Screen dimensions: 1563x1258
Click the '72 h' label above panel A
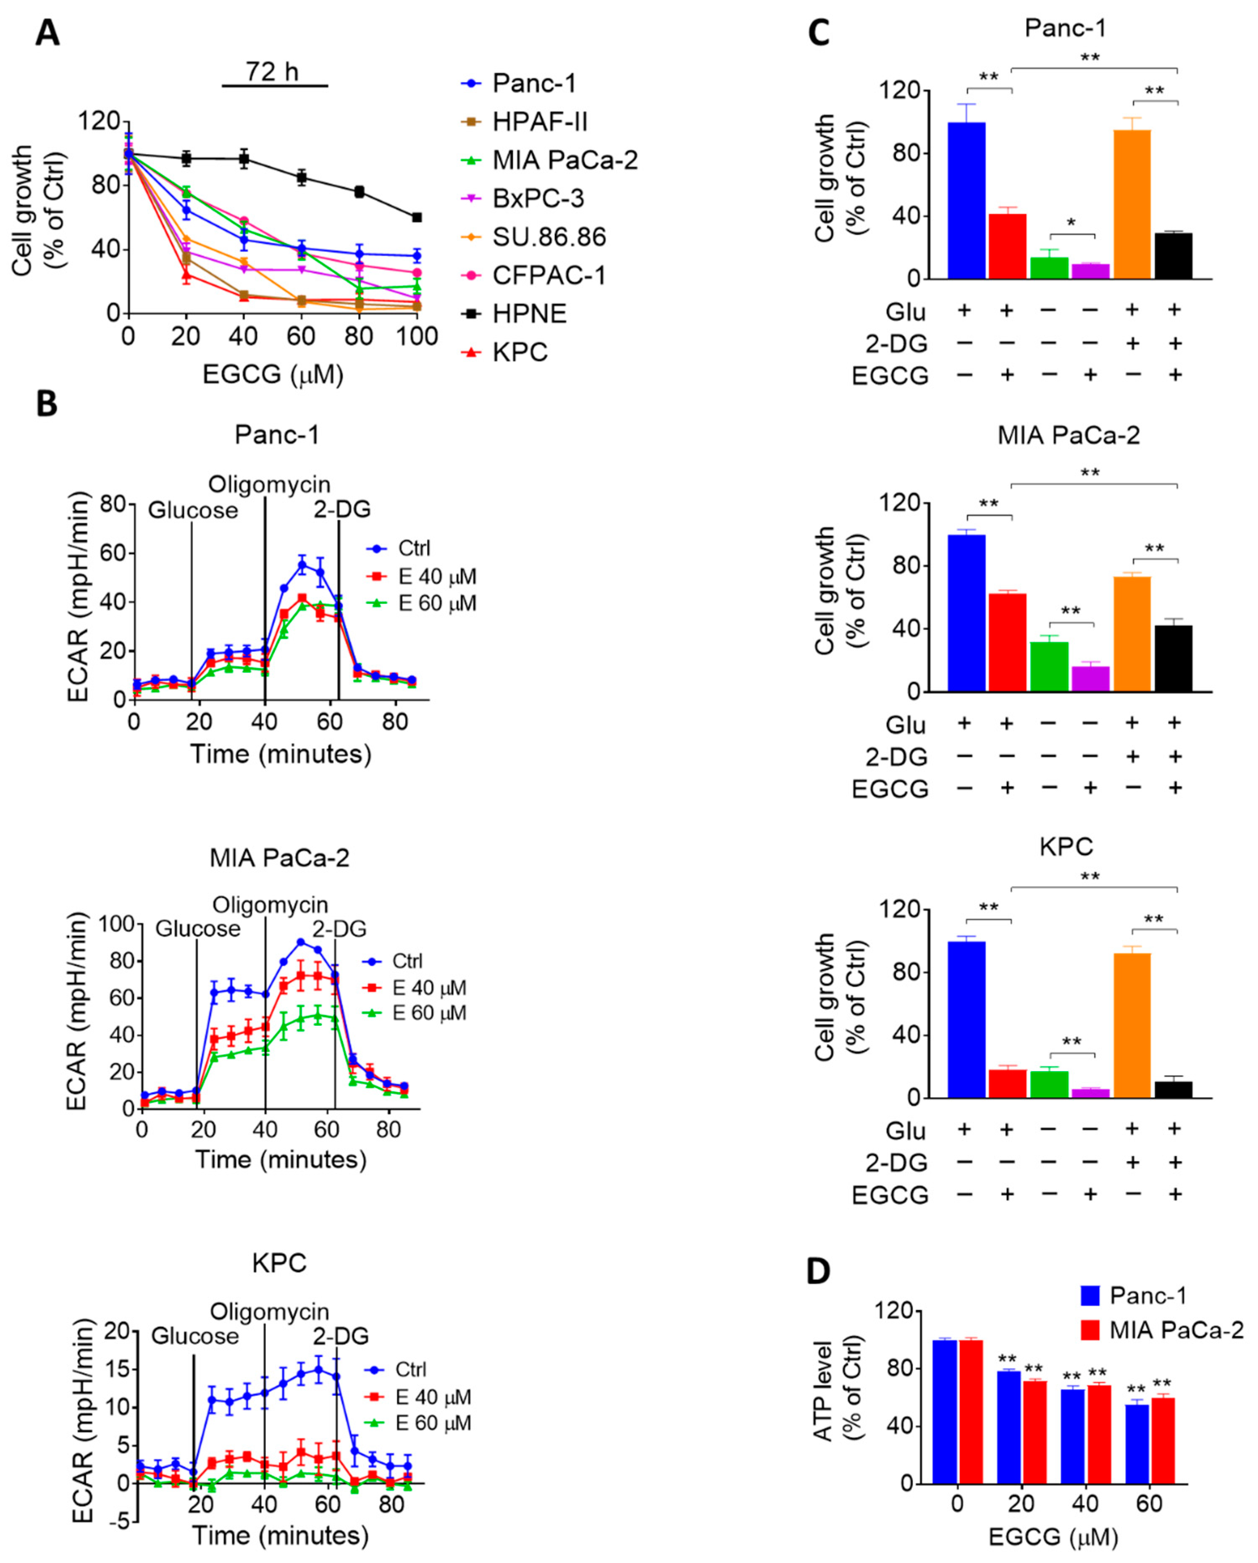272,72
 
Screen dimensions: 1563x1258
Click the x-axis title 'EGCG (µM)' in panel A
273,374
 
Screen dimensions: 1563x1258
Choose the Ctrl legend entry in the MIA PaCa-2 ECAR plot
406,961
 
